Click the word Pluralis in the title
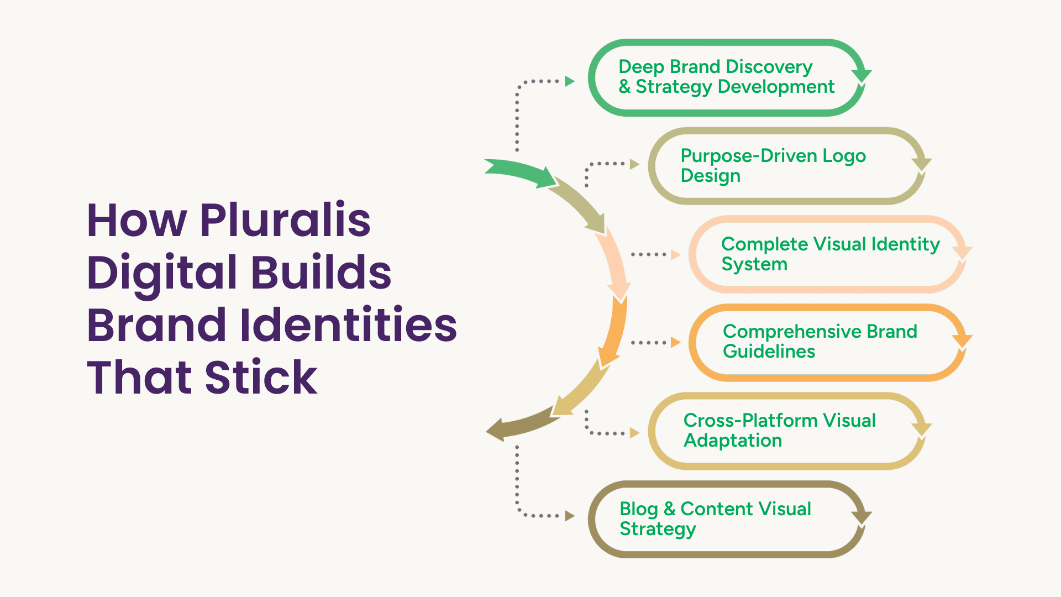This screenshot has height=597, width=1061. coord(285,220)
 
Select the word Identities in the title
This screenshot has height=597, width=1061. coord(349,324)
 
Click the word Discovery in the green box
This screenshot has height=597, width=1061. coord(769,67)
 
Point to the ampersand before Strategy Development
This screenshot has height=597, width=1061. coord(624,87)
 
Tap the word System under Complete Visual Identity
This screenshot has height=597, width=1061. coord(754,264)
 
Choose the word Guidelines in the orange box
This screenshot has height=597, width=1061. coord(769,352)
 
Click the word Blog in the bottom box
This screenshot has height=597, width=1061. coord(638,509)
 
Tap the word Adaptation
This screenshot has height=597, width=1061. coord(732,441)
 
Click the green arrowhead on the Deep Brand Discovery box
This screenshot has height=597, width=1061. coord(861,76)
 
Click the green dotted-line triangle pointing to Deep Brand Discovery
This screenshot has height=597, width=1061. coord(570,81)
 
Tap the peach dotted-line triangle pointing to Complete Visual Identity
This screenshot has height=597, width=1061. coord(675,255)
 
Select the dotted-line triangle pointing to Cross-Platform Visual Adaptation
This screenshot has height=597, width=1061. coord(634,433)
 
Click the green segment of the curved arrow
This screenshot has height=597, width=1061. coord(519,171)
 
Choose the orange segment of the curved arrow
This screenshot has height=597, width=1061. coord(615,332)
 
